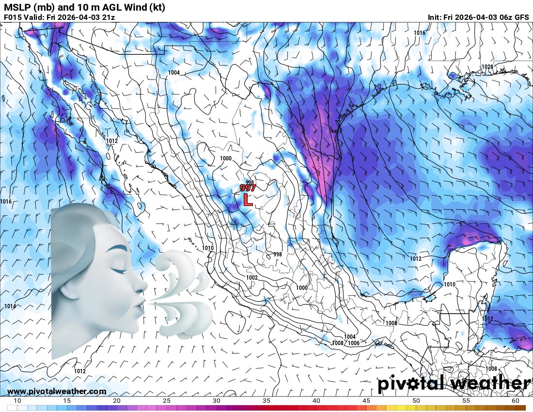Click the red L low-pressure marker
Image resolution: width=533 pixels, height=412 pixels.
tap(248, 199)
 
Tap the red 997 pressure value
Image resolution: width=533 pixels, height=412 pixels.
tap(248, 188)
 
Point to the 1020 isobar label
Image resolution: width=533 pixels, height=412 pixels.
tap(487, 67)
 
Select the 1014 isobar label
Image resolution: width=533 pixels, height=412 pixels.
tap(11, 306)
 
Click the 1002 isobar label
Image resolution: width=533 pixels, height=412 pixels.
tap(251, 278)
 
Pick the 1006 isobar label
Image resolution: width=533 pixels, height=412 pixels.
tap(354, 343)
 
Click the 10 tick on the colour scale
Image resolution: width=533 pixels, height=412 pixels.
tap(17, 401)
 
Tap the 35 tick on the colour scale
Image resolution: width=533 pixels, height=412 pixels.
tap(266, 401)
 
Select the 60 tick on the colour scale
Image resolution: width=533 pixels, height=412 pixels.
tap(516, 401)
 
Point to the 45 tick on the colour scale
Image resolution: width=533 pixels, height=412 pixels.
tap(366, 401)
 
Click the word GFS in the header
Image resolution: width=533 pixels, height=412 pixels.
tap(521, 17)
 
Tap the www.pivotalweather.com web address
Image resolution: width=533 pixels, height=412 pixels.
tap(57, 391)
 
